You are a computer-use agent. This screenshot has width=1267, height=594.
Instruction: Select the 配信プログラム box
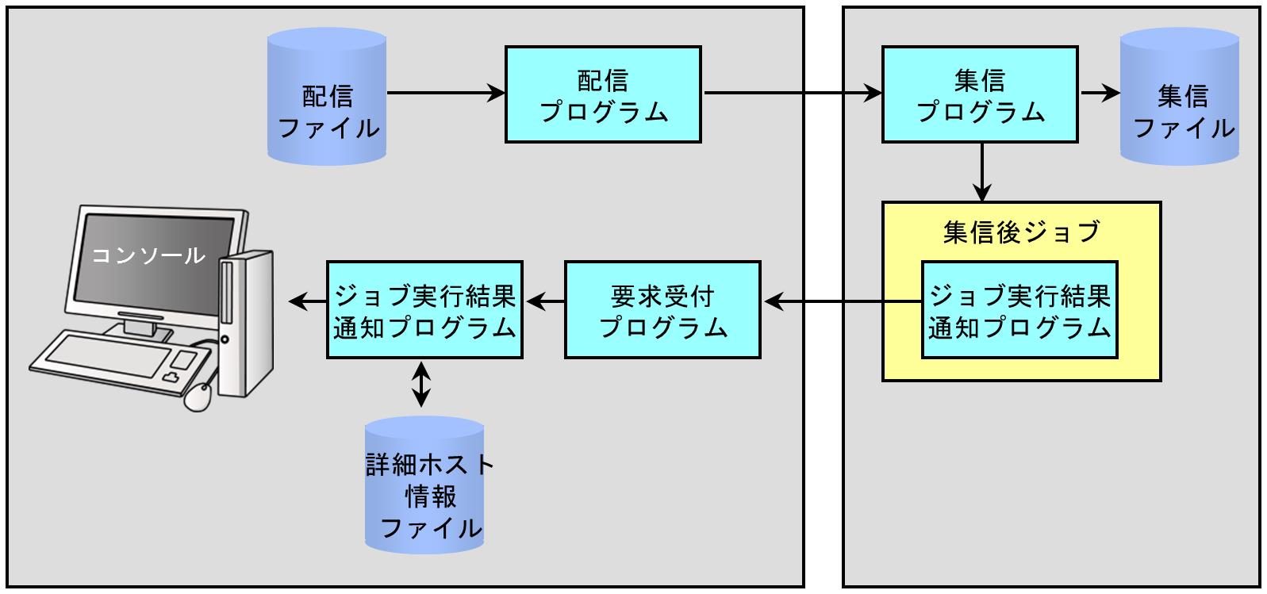603,94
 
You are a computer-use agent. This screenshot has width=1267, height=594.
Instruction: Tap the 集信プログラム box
980,94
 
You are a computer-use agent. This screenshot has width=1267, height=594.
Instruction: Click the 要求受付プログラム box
662,310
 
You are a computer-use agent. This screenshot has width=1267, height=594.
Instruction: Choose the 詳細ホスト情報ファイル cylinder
424,485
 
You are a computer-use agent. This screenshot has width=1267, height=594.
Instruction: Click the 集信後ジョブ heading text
1022,232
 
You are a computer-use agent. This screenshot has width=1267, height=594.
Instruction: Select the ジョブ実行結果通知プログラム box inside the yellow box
1019,310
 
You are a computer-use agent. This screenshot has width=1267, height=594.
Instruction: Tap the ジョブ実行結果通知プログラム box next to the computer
424,310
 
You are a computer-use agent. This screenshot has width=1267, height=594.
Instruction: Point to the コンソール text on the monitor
148,255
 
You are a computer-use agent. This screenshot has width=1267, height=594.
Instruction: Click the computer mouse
198,397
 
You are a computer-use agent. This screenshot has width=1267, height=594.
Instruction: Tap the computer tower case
245,324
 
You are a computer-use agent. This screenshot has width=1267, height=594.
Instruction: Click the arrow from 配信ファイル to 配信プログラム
446,93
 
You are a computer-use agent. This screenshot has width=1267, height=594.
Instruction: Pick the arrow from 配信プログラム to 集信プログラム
793,93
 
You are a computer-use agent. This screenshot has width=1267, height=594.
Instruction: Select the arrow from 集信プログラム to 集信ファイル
1100,93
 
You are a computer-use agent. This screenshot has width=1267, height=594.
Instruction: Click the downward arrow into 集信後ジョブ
982,172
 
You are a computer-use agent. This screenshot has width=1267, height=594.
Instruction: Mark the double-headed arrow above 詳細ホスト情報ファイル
420,385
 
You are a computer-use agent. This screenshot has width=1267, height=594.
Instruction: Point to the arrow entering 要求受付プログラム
843,302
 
